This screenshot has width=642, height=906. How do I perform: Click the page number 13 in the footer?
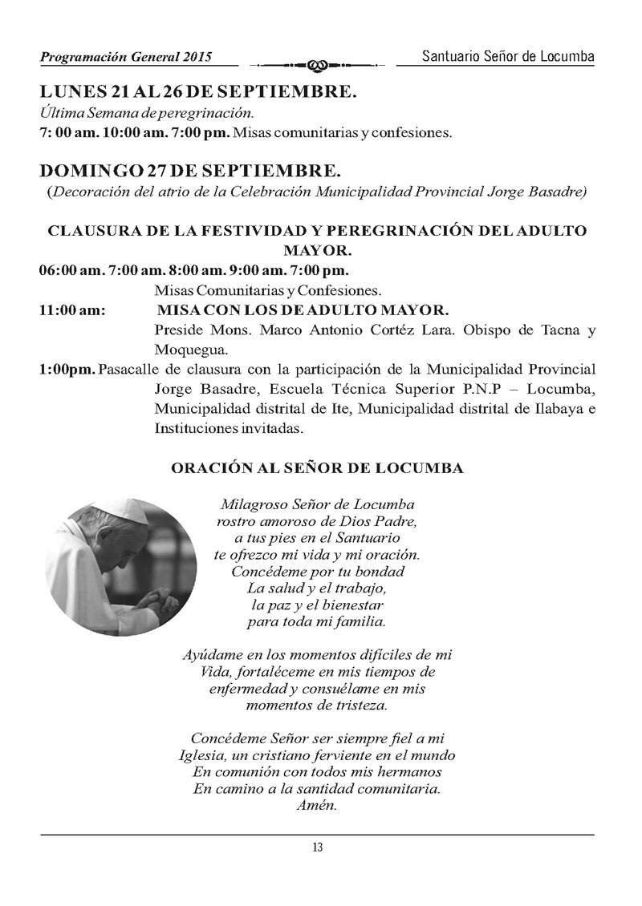[318, 848]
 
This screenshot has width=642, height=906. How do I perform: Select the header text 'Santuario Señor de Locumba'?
[508, 56]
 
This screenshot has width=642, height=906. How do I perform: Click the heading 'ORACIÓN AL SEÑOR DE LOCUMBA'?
[317, 468]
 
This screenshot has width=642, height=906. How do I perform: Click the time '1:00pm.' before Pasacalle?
[67, 370]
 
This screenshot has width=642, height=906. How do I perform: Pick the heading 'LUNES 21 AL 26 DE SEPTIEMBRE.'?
[197, 92]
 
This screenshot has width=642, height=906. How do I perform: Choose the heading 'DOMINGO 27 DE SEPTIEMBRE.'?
[190, 172]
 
